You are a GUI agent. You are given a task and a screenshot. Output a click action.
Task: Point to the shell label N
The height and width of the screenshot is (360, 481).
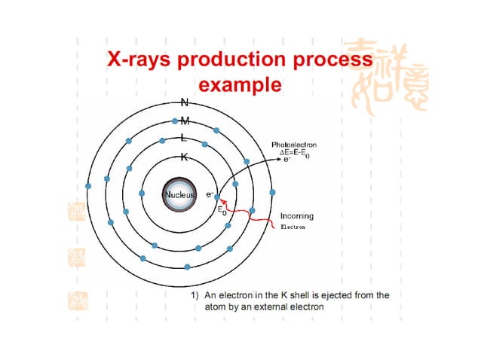(x=184, y=102)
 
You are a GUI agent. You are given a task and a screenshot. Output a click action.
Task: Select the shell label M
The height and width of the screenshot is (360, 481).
(x=185, y=121)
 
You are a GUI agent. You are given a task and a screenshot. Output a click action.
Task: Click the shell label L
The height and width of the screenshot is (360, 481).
(x=184, y=139)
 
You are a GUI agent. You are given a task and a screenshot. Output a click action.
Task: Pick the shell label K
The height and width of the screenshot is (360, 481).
(x=184, y=157)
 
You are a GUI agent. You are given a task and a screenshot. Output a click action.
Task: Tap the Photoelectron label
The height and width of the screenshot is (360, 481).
(x=294, y=143)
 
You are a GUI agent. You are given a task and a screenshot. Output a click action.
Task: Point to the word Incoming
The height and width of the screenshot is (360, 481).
(x=297, y=216)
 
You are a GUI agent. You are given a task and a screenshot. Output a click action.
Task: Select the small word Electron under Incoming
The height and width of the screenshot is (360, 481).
(x=293, y=226)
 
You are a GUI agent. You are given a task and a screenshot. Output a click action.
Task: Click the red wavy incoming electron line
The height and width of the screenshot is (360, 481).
(x=253, y=221)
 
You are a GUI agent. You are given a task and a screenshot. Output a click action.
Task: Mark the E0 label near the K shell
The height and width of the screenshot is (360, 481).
(x=222, y=210)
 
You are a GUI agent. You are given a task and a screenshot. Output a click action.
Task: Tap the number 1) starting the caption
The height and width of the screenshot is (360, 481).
(x=195, y=295)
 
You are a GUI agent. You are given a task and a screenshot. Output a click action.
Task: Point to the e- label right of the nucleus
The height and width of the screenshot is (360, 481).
(x=211, y=194)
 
